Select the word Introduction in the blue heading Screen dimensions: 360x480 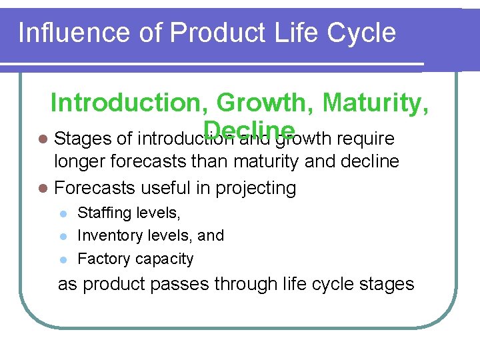click(130, 103)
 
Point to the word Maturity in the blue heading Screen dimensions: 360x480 click(375, 103)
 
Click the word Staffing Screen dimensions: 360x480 click(106, 213)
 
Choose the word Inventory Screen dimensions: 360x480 click(109, 236)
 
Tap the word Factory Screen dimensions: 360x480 click(104, 259)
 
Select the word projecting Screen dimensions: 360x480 click(256, 189)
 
